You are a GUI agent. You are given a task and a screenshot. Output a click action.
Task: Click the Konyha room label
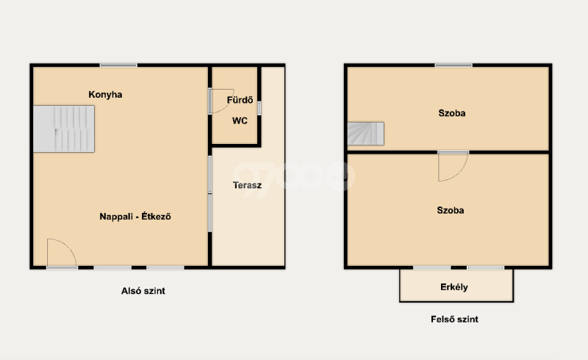pyautogui.click(x=105, y=95)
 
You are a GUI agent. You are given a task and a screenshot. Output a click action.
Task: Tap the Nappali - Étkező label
pyautogui.click(x=135, y=217)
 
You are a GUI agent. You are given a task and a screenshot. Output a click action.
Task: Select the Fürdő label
pyautogui.click(x=240, y=100)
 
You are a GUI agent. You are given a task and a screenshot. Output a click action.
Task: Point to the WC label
pyautogui.click(x=240, y=120)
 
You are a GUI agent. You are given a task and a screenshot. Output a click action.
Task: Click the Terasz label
pyautogui.click(x=247, y=185)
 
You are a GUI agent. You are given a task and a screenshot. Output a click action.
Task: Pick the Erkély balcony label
pyautogui.click(x=454, y=287)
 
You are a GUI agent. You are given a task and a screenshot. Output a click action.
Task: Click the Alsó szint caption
pyautogui.click(x=143, y=291)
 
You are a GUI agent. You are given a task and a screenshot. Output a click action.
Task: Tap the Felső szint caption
pyautogui.click(x=454, y=320)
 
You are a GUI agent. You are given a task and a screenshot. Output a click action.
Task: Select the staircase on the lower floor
pyautogui.click(x=64, y=129)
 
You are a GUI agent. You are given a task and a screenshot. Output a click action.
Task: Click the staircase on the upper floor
pyautogui.click(x=365, y=134)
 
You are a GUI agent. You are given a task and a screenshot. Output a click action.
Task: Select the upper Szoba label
pyautogui.click(x=452, y=113)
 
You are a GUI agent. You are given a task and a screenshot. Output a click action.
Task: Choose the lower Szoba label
pyautogui.click(x=451, y=210)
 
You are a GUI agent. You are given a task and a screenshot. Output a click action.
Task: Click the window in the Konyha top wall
pyautogui.click(x=118, y=65)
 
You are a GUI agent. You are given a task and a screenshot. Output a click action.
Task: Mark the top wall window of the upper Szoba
pyautogui.click(x=453, y=65)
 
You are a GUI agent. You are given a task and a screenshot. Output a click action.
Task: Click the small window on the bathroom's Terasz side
pyautogui.click(x=259, y=108)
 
